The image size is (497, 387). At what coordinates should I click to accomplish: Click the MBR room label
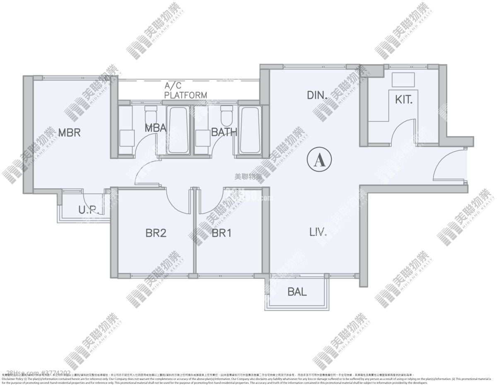pyautogui.click(x=69, y=133)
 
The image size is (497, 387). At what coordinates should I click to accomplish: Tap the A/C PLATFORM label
pyautogui.click(x=185, y=91)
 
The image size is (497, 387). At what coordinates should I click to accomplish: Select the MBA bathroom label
pyautogui.click(x=155, y=128)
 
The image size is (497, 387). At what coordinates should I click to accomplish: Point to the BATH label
pyautogui.click(x=224, y=132)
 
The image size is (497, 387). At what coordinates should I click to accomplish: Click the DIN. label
pyautogui.click(x=318, y=95)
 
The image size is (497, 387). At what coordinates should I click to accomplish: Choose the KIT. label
pyautogui.click(x=404, y=99)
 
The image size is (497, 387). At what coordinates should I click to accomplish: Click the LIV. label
pyautogui.click(x=318, y=232)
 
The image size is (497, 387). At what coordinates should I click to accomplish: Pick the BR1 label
pyautogui.click(x=221, y=233)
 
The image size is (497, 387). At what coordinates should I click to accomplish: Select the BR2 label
pyautogui.click(x=156, y=233)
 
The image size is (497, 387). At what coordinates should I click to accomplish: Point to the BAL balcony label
pyautogui.click(x=297, y=292)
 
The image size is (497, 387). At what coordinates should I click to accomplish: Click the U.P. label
pyautogui.click(x=88, y=210)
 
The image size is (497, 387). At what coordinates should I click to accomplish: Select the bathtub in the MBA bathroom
pyautogui.click(x=179, y=131)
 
